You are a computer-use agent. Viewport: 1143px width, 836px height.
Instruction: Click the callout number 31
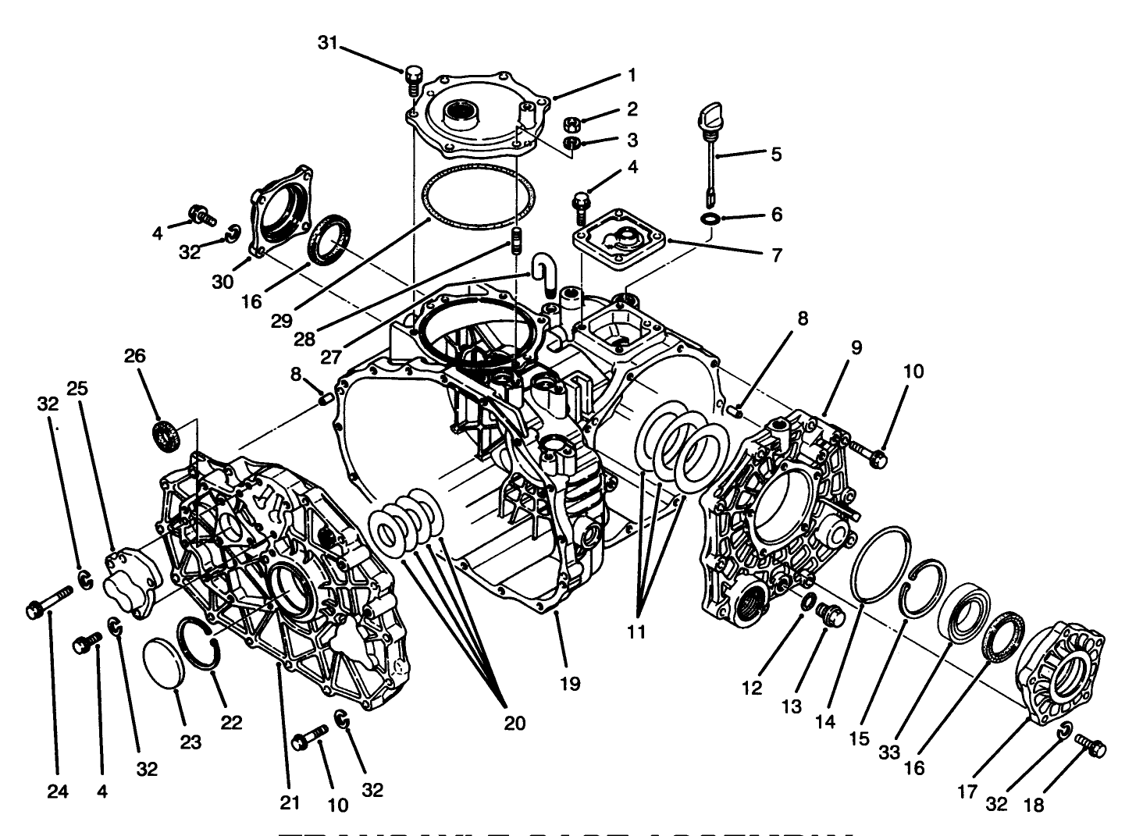tap(328, 43)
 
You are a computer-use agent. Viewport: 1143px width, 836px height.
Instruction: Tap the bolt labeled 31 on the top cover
tap(413, 79)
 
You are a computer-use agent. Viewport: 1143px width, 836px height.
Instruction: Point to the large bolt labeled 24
tap(49, 604)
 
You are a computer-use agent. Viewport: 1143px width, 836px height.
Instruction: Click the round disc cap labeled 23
tap(164, 665)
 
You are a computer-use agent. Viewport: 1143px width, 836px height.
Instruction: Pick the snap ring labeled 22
tap(200, 640)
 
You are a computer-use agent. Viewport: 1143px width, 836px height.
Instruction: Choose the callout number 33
tap(888, 752)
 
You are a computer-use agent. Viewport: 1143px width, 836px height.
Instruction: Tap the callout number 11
tap(636, 631)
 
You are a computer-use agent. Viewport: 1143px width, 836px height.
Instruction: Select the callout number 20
tap(514, 723)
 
